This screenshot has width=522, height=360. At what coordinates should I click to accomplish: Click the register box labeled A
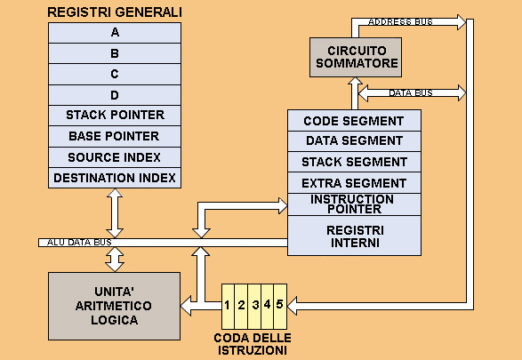pos(115,33)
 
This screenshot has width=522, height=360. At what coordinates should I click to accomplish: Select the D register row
pos(115,95)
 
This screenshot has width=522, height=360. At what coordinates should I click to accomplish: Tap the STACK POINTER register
pos(115,116)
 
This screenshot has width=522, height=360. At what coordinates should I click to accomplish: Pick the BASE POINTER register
pos(115,136)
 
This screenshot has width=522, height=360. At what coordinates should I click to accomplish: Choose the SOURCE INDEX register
pos(115,157)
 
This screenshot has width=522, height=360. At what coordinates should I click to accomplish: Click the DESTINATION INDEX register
pos(115,178)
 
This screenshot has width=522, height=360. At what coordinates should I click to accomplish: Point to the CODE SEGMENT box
pos(354,120)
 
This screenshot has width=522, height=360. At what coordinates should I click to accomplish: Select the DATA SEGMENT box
pos(354,141)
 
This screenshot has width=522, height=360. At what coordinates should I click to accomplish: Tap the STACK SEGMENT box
pos(354,162)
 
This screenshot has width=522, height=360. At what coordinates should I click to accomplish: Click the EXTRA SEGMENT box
pos(354,183)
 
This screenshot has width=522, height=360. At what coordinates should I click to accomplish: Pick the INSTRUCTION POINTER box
pos(354,204)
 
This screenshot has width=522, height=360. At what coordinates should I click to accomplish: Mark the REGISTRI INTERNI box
pos(354,236)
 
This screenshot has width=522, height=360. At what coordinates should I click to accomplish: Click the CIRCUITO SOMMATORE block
pos(356,57)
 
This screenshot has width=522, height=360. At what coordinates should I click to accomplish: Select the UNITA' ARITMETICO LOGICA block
pos(114,306)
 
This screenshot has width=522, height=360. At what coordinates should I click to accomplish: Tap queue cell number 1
pos(228,307)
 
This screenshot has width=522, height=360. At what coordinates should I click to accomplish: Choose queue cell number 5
pos(280,307)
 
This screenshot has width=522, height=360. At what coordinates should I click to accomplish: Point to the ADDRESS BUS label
pos(400,22)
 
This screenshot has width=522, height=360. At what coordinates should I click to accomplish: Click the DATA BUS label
pos(411,92)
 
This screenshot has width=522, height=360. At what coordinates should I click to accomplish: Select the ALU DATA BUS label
pos(79,242)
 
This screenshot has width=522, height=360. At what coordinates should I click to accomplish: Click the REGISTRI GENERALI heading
pos(115,12)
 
